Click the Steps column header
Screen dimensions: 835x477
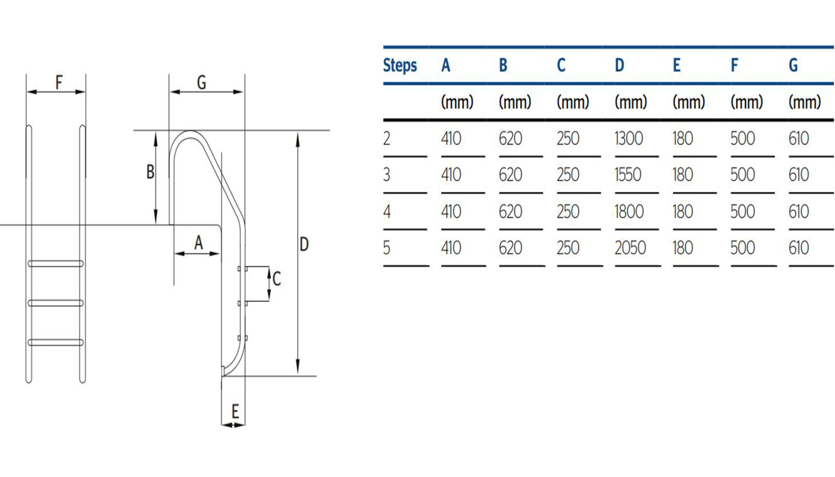point(400,66)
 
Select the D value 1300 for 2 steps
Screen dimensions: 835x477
point(628,139)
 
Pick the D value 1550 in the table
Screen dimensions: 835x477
point(628,175)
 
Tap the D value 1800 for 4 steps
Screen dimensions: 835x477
point(629,212)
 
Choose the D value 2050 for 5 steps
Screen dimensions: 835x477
point(630,248)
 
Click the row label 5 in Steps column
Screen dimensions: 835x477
point(387,248)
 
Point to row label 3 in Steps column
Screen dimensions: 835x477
point(387,175)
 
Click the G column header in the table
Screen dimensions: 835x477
point(793,65)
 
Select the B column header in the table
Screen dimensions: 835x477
point(503,65)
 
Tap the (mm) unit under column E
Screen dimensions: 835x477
point(688,102)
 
